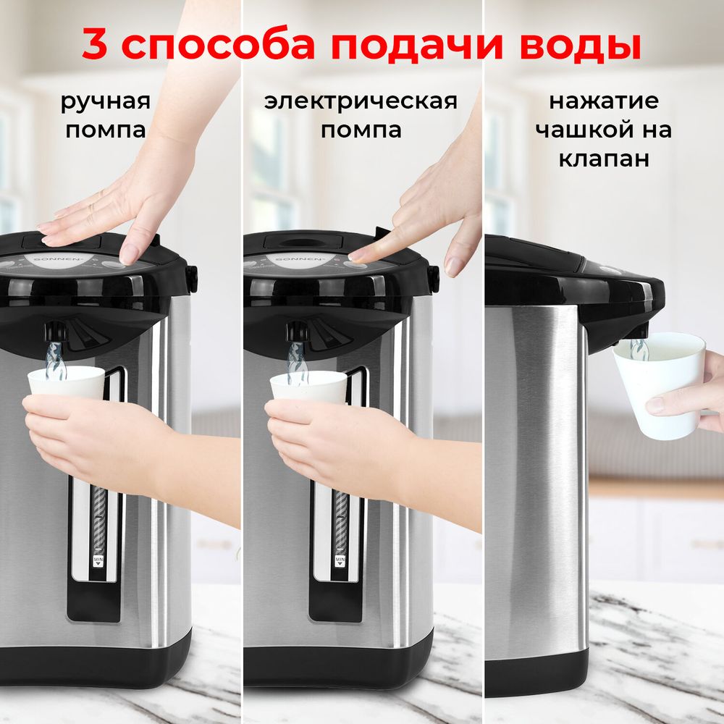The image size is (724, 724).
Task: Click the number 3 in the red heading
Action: tap(96, 45)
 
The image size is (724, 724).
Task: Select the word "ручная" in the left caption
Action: tap(106, 101)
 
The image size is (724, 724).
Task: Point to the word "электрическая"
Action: tap(361, 101)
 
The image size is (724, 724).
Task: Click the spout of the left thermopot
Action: tap(55, 332)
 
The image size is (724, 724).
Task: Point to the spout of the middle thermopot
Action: tap(297, 332)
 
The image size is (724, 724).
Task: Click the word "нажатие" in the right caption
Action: tap(603, 101)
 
